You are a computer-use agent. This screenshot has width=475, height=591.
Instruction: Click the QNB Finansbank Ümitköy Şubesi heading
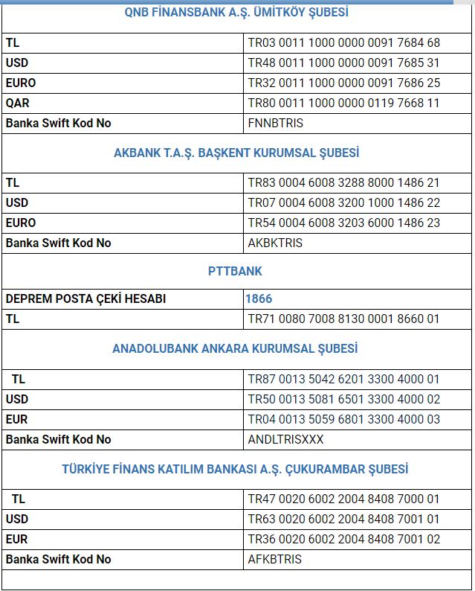pos(236,13)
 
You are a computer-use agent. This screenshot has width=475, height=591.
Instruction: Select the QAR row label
pos(18,103)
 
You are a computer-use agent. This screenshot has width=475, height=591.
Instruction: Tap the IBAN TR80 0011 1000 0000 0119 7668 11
pos(344,103)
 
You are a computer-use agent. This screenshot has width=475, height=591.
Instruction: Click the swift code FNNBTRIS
pos(276,123)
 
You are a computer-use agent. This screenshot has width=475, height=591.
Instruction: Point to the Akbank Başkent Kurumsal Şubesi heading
pos(236,153)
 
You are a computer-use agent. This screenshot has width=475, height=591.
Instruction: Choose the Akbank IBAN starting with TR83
pos(344,182)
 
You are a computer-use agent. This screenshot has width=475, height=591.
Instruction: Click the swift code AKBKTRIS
pos(275,243)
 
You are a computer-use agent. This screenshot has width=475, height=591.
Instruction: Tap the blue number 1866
pos(259,298)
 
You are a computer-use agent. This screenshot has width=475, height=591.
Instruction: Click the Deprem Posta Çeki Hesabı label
pos(85,298)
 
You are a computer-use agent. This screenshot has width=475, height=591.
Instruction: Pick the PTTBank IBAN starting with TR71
pos(344,319)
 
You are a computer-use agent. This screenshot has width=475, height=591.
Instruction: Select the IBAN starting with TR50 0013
pos(344,399)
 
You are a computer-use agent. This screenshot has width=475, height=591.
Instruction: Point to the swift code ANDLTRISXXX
pos(286,439)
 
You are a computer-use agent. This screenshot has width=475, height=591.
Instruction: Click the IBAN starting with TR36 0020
pos(344,539)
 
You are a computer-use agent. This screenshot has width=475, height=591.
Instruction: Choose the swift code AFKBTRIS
pos(275,559)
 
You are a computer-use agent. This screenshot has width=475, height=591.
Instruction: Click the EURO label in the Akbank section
pos(21,223)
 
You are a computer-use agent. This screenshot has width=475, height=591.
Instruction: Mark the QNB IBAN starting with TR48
pos(344,63)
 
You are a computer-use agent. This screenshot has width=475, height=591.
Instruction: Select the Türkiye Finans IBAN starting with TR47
pos(344,499)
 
